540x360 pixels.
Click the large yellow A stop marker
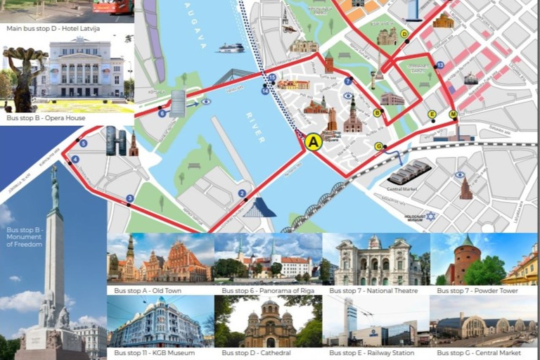click(x=314, y=142)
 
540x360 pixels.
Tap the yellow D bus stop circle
click(x=404, y=33)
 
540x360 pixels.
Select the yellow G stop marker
click(x=379, y=146)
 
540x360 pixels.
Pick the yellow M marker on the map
click(x=453, y=114)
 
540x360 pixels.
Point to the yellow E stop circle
click(x=432, y=114)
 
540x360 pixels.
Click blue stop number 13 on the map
click(x=440, y=65)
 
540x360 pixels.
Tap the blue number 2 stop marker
click(x=242, y=193)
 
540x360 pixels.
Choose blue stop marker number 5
click(x=84, y=143)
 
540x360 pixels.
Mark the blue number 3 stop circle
click(x=129, y=198)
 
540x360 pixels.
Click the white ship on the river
click(x=231, y=48)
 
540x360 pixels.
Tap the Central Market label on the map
click(x=403, y=188)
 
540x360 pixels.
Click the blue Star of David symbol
click(x=430, y=216)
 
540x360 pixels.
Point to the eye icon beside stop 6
click(x=206, y=102)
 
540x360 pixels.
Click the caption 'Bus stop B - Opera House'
click(x=46, y=118)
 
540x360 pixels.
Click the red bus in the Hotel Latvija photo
click(x=112, y=6)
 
